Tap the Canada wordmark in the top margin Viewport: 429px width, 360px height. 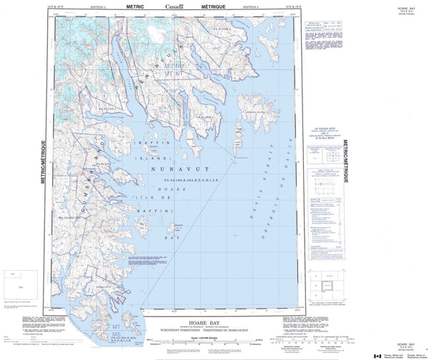(174, 6)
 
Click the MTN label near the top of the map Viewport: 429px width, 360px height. (169, 73)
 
